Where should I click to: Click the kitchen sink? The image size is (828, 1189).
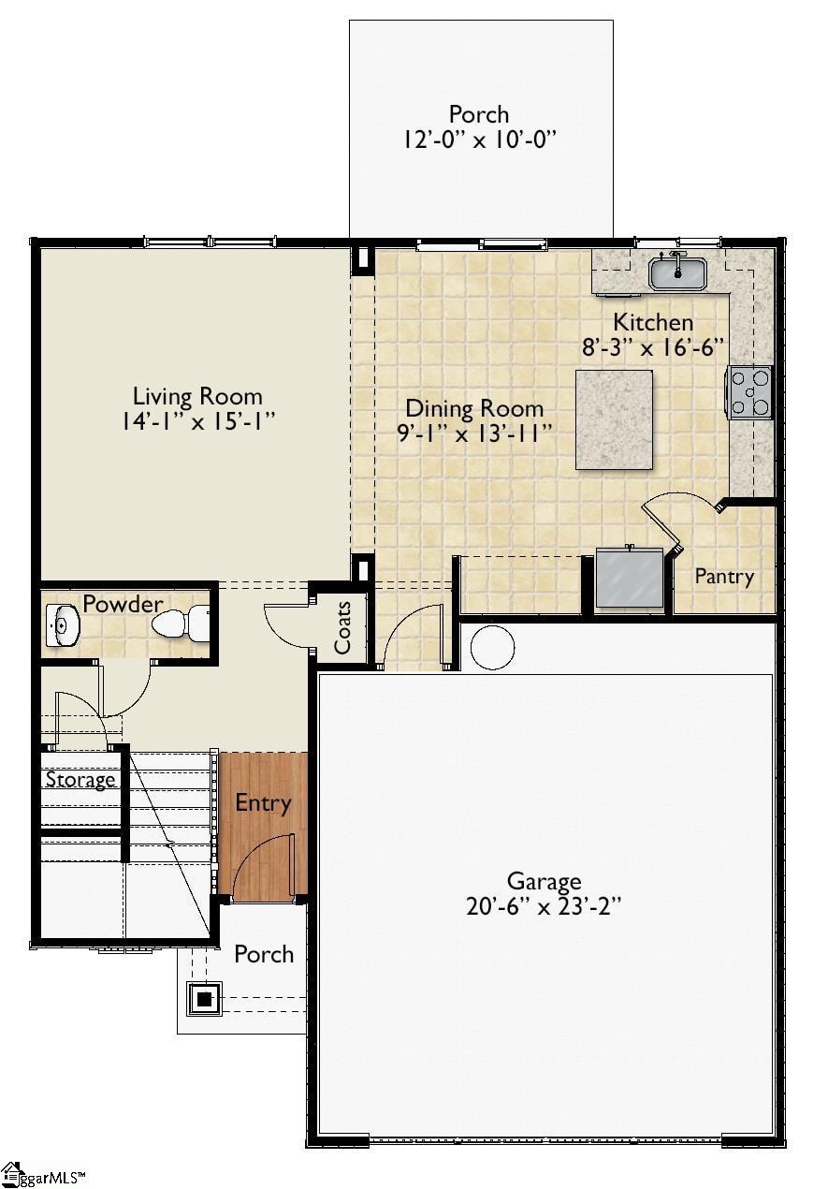[x=678, y=272]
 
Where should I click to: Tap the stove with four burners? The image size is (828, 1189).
[x=750, y=392]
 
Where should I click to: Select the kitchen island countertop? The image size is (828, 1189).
[x=614, y=419]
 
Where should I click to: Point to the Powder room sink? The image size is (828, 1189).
[x=63, y=626]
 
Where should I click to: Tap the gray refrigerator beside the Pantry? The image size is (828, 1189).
[x=630, y=579]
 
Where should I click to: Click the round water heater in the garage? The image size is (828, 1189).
[x=492, y=647]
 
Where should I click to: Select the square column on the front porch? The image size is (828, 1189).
[x=205, y=999]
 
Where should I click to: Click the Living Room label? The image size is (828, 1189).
[x=196, y=396]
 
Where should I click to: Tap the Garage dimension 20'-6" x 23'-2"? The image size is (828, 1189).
[x=544, y=906]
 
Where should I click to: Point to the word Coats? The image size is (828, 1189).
[x=342, y=627]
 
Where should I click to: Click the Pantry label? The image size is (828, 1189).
[x=723, y=577]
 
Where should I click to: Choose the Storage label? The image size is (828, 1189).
[x=80, y=780]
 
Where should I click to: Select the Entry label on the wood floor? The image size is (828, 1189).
[x=263, y=803]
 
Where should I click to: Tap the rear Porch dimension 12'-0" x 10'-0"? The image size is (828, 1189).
[x=480, y=139]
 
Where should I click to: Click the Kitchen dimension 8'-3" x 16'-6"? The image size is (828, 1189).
[x=654, y=347]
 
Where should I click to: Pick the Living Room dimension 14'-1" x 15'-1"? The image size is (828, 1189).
[x=196, y=421]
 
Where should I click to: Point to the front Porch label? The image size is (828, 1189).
[x=264, y=954]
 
